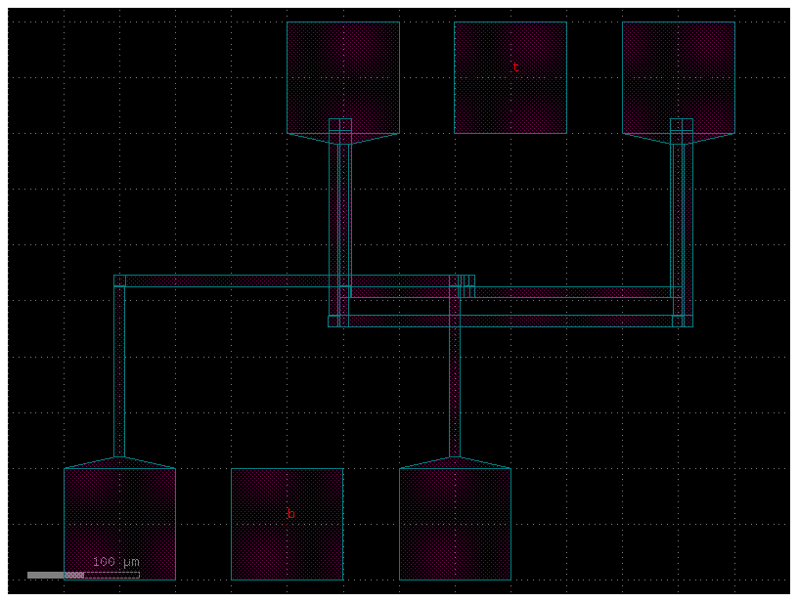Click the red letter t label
pos(515,67)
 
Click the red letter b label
pos(290,514)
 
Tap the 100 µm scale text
pos(116,562)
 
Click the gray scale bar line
pos(83,575)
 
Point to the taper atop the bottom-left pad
pos(119,462)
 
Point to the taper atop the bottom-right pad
pos(455,462)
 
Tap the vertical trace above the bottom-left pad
pos(119,371)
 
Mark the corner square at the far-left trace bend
pos(119,280)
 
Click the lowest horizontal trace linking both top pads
pos(509,321)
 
